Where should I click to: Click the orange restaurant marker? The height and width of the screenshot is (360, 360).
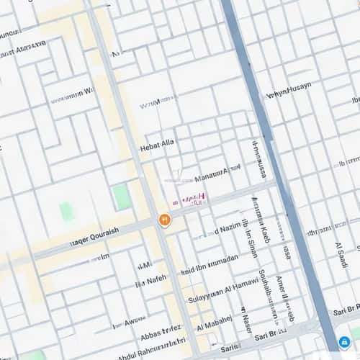point(165,220)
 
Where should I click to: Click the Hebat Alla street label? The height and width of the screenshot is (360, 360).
point(157,144)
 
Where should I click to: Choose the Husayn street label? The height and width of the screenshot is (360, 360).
point(289,91)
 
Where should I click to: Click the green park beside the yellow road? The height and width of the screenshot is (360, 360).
point(122,197)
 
